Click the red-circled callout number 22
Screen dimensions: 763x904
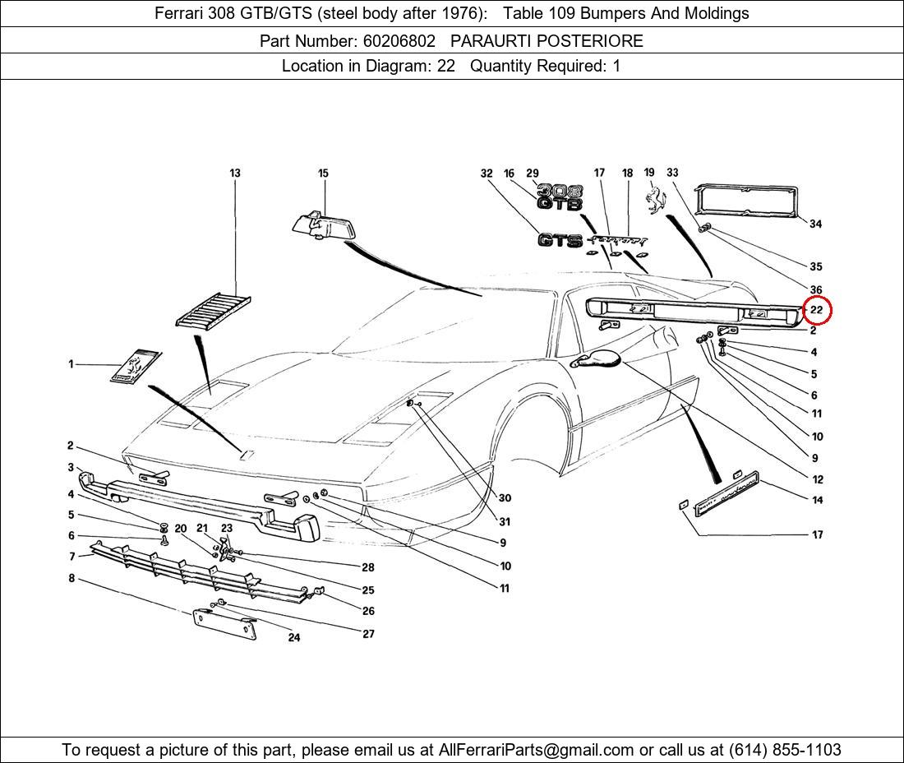pyautogui.click(x=816, y=310)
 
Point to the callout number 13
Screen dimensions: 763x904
pyautogui.click(x=235, y=173)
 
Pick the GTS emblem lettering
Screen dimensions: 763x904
pyautogui.click(x=560, y=240)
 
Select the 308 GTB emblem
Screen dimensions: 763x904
pyautogui.click(x=560, y=197)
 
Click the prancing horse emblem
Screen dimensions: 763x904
pyautogui.click(x=655, y=200)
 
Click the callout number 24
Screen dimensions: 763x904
pyautogui.click(x=294, y=637)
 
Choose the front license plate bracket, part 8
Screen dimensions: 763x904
pyautogui.click(x=224, y=624)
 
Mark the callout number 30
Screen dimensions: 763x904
pyautogui.click(x=505, y=497)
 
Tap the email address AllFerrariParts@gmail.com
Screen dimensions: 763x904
pyautogui.click(x=537, y=750)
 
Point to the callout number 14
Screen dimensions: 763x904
pyautogui.click(x=817, y=500)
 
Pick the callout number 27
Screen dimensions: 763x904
pyautogui.click(x=368, y=634)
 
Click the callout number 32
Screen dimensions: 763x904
pyautogui.click(x=487, y=173)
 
